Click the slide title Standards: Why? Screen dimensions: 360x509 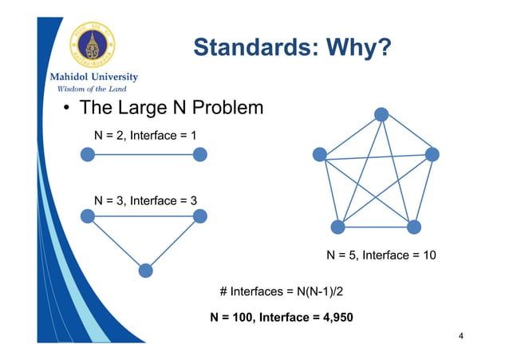click(291, 49)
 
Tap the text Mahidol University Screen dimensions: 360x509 click(89, 77)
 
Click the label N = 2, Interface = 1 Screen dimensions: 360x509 click(144, 136)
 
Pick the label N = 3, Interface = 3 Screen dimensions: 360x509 click(144, 200)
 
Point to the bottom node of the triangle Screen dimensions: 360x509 click(145, 271)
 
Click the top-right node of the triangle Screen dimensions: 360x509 click(199, 216)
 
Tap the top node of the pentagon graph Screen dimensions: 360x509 click(382, 114)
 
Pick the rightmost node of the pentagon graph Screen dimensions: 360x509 click(432, 154)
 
